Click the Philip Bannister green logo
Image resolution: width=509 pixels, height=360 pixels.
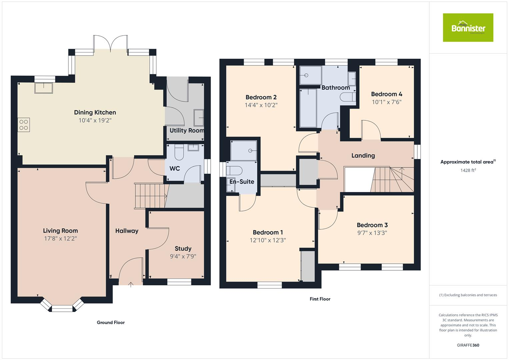pos(468,28)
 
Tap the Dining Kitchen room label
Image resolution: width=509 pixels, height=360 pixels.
pos(95,113)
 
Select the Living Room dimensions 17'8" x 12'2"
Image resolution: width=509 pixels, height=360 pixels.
pos(60,239)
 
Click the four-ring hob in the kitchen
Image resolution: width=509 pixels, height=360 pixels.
pos(24,125)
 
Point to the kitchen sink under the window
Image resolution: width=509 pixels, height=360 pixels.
pos(44,88)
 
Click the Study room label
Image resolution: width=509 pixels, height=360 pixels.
pos(183,249)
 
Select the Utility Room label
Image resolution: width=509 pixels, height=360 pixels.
pos(187,131)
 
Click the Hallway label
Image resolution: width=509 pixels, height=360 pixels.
pos(127,231)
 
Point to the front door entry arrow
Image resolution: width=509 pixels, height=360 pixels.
pos(131,284)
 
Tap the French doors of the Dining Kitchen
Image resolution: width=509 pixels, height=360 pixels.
pos(110,43)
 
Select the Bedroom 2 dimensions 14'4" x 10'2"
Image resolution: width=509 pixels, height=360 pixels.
pos(261,105)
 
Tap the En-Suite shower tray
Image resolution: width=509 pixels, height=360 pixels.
pos(244,150)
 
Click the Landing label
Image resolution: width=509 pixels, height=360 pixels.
pos(363,156)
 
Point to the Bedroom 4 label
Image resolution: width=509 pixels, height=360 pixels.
pos(386,94)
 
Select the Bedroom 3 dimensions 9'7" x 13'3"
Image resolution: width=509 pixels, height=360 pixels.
pos(372,233)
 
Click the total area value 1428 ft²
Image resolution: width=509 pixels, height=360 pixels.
pos(468,170)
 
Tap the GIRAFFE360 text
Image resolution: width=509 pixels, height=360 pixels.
pos(468,345)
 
